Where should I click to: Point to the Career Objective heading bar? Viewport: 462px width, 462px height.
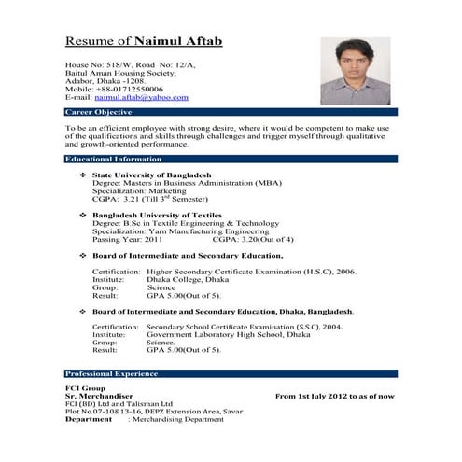click(102, 111)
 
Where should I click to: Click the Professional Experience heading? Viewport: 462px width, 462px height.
click(113, 373)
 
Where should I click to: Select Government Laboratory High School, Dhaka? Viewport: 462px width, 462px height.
click(232, 333)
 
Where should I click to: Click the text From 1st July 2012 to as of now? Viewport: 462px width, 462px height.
click(334, 396)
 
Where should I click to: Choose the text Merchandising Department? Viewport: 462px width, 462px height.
click(179, 420)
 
